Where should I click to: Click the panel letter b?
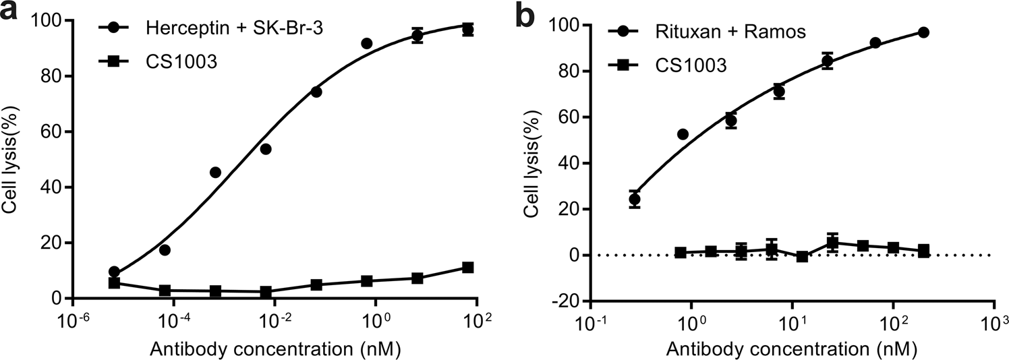528,16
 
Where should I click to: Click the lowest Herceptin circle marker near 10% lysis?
114,272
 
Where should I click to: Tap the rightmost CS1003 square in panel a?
468,268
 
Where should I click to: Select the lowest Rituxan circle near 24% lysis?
634,199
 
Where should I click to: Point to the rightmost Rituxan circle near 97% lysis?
923,32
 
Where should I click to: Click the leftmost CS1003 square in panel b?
681,253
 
